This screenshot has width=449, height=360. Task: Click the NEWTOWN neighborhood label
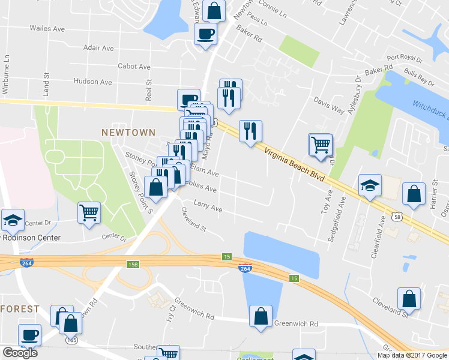[128, 132]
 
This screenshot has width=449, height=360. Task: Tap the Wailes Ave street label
[47, 28]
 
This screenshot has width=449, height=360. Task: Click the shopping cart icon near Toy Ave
[321, 144]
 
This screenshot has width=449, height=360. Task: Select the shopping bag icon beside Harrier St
[414, 194]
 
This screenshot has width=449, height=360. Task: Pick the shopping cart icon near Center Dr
[89, 212]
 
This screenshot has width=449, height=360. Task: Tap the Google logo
[19, 353]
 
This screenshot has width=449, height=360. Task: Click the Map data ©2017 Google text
[412, 355]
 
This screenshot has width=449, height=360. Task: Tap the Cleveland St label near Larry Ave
[194, 220]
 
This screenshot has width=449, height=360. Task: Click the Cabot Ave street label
[134, 67]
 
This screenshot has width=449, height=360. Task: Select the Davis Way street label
[330, 106]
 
